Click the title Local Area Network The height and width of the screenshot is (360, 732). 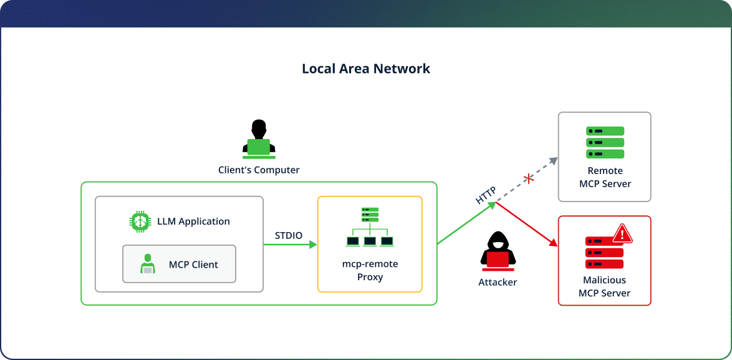point(366,69)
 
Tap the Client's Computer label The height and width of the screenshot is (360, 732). point(259,170)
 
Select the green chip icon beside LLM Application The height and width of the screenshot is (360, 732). point(141,221)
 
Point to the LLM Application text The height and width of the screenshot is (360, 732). point(193,221)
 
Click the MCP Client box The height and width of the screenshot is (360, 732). point(179,265)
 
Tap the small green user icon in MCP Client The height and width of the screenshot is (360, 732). point(148,265)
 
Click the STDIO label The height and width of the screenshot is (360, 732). point(289,235)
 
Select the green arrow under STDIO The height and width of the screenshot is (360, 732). point(290,245)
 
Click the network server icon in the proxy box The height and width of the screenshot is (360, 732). point(370,226)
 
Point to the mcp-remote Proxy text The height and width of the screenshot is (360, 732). point(370,270)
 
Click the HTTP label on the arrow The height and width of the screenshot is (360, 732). point(486,194)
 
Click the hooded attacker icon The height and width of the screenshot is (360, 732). point(497,251)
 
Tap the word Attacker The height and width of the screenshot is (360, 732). point(498,282)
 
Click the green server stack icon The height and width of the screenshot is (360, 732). point(605,142)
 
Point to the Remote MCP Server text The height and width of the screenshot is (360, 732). point(605,177)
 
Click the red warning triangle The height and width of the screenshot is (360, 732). point(622,234)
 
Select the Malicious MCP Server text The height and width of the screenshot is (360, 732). point(604,286)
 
